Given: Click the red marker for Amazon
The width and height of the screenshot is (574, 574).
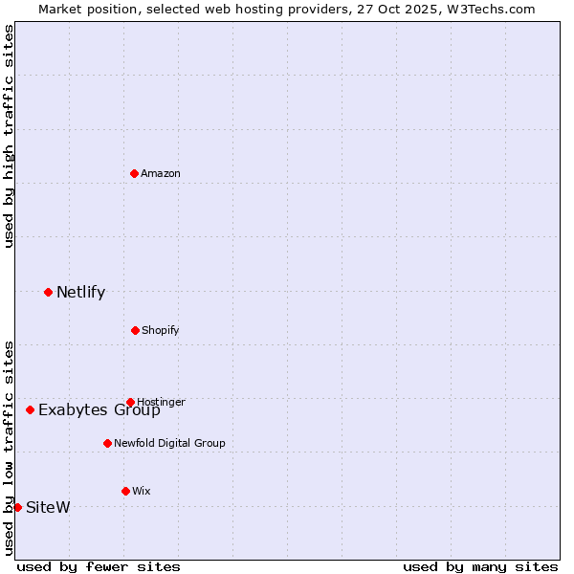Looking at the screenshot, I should (134, 173).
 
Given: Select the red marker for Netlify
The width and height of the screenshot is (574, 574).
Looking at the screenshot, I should (48, 292).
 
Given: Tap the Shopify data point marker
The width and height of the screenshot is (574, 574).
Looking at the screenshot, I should (135, 330).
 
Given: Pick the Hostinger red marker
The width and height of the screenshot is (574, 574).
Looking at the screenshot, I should (130, 402).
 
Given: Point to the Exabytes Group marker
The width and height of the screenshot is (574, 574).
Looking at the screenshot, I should (30, 409).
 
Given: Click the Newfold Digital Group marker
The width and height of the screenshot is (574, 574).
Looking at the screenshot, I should (107, 443).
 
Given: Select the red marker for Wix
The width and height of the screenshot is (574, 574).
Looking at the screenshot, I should (125, 491).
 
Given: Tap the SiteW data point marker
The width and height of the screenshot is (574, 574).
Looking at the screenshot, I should (17, 507).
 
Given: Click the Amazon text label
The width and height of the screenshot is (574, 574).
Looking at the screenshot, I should (161, 173).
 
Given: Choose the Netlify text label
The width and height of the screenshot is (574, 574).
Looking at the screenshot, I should (80, 292).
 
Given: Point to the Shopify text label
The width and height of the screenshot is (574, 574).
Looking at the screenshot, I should (160, 330).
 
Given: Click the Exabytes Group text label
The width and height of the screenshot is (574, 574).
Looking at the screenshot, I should (99, 410).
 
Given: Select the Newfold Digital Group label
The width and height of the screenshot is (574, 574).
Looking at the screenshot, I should (169, 443).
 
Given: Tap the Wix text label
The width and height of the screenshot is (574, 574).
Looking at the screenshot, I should (142, 491).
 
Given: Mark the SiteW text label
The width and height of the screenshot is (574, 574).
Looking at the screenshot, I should (48, 507).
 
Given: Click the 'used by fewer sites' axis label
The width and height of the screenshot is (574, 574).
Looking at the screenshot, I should (99, 566).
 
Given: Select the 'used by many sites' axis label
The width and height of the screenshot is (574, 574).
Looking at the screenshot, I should (480, 566).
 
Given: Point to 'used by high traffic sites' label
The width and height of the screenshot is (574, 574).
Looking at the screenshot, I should (9, 136).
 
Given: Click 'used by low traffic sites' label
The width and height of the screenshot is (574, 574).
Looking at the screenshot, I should (9, 447).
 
